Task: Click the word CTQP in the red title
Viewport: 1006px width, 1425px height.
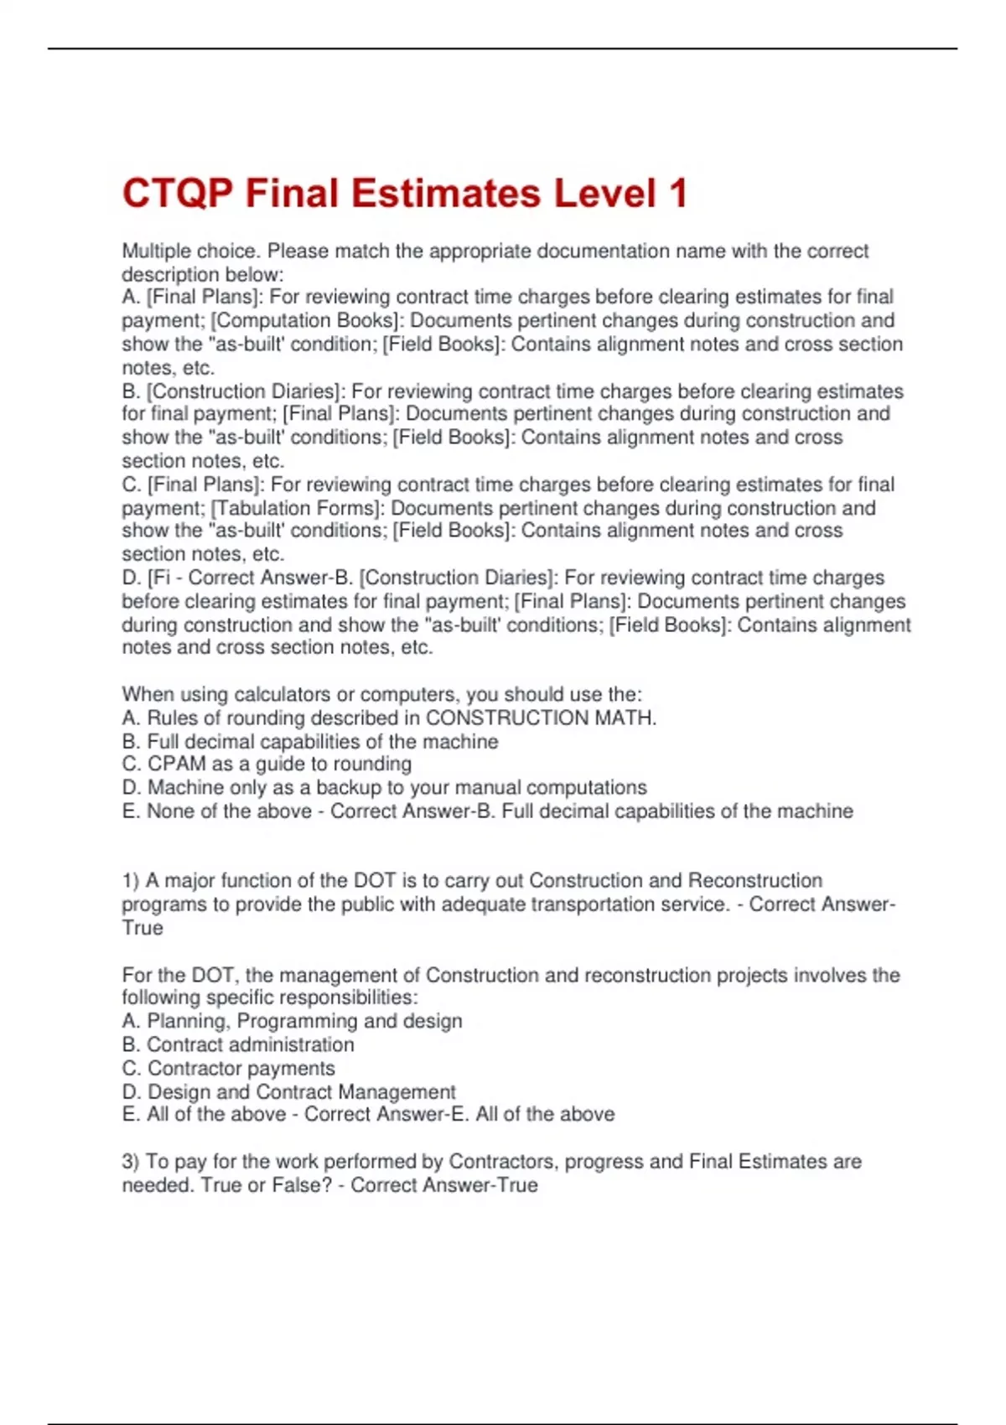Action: pos(177,194)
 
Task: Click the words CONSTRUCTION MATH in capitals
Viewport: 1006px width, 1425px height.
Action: pos(541,718)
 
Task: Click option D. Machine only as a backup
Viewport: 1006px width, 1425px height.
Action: pos(384,787)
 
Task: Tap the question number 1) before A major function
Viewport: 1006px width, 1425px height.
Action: pos(130,880)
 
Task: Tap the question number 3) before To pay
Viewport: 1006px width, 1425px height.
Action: pos(130,1161)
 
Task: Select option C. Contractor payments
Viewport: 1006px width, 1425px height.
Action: pos(228,1068)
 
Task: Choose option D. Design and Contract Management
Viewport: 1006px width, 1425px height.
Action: pos(288,1091)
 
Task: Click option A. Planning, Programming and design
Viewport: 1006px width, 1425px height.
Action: pos(292,1021)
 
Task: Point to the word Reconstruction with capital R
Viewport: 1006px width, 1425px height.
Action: pos(754,880)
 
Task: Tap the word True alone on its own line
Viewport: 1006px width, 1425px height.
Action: pos(143,927)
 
